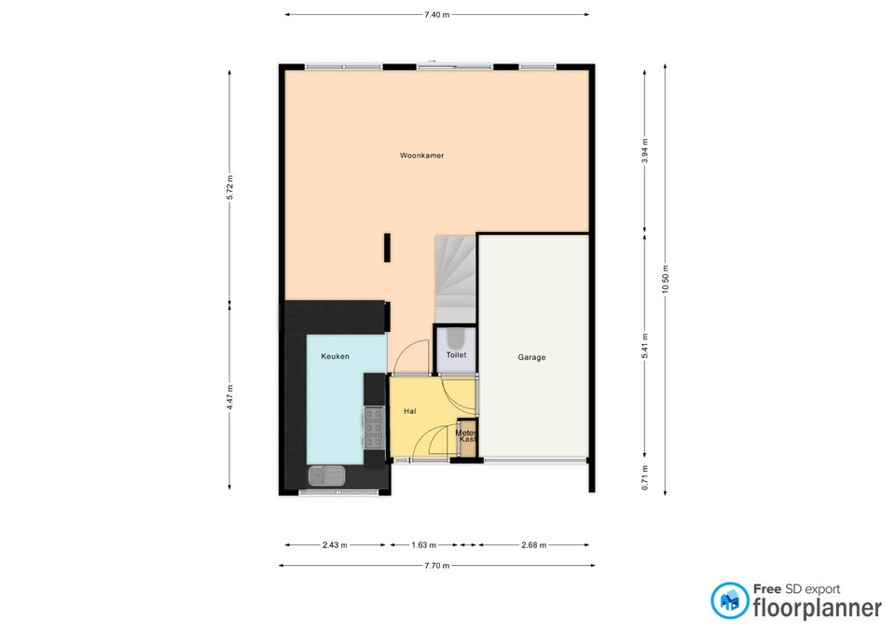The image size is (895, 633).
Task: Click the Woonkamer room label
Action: pos(421,156)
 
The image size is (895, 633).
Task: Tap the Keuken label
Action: pos(335,356)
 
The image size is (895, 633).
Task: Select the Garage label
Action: pos(531,357)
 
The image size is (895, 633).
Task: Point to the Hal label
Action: pos(410,411)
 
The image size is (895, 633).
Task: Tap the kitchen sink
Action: pos(327,475)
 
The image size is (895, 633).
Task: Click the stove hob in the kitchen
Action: pos(375,428)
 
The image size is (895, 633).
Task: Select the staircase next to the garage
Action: pos(456,279)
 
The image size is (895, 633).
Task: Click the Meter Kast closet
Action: pos(467,438)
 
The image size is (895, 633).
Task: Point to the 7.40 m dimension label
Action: pos(436,15)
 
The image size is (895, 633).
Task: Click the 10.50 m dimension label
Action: pos(665,280)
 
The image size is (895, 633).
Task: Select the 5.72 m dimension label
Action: pos(229,187)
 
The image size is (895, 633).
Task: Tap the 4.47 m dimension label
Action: pos(229,397)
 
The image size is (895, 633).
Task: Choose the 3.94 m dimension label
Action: pos(644,151)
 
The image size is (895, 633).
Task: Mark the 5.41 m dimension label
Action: pos(644,346)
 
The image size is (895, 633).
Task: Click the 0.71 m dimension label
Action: pos(644,477)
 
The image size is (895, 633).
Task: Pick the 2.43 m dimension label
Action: pos(335,545)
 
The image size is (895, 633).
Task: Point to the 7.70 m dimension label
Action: pos(436,566)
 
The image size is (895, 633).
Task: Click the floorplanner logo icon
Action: pos(729,600)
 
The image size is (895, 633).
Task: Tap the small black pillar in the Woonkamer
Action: pos(387,248)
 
